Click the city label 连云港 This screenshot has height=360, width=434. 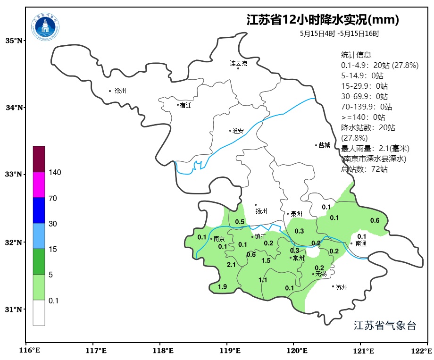click(238, 63)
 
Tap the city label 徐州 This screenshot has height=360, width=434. click(120, 91)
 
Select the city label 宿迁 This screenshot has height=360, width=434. click(185, 105)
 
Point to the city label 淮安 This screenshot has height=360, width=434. click(238, 131)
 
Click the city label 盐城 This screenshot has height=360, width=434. click(324, 145)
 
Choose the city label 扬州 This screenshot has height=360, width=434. click(261, 211)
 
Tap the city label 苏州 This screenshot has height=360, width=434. click(342, 287)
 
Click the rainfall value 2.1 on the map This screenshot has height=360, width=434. click(231, 265)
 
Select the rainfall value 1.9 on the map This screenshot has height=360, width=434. click(223, 287)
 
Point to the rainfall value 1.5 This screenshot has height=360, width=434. click(266, 260)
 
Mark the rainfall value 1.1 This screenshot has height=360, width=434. click(263, 280)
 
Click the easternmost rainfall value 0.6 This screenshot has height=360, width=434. click(375, 220)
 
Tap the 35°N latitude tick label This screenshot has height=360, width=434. click(14, 41)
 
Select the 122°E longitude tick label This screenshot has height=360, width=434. click(422, 351)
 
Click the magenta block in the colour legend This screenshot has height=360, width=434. click(39, 184)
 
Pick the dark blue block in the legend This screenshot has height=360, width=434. click(39, 210)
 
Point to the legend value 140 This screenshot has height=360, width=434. click(55, 173)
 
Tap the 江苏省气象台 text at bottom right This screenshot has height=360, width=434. click(384, 326)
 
